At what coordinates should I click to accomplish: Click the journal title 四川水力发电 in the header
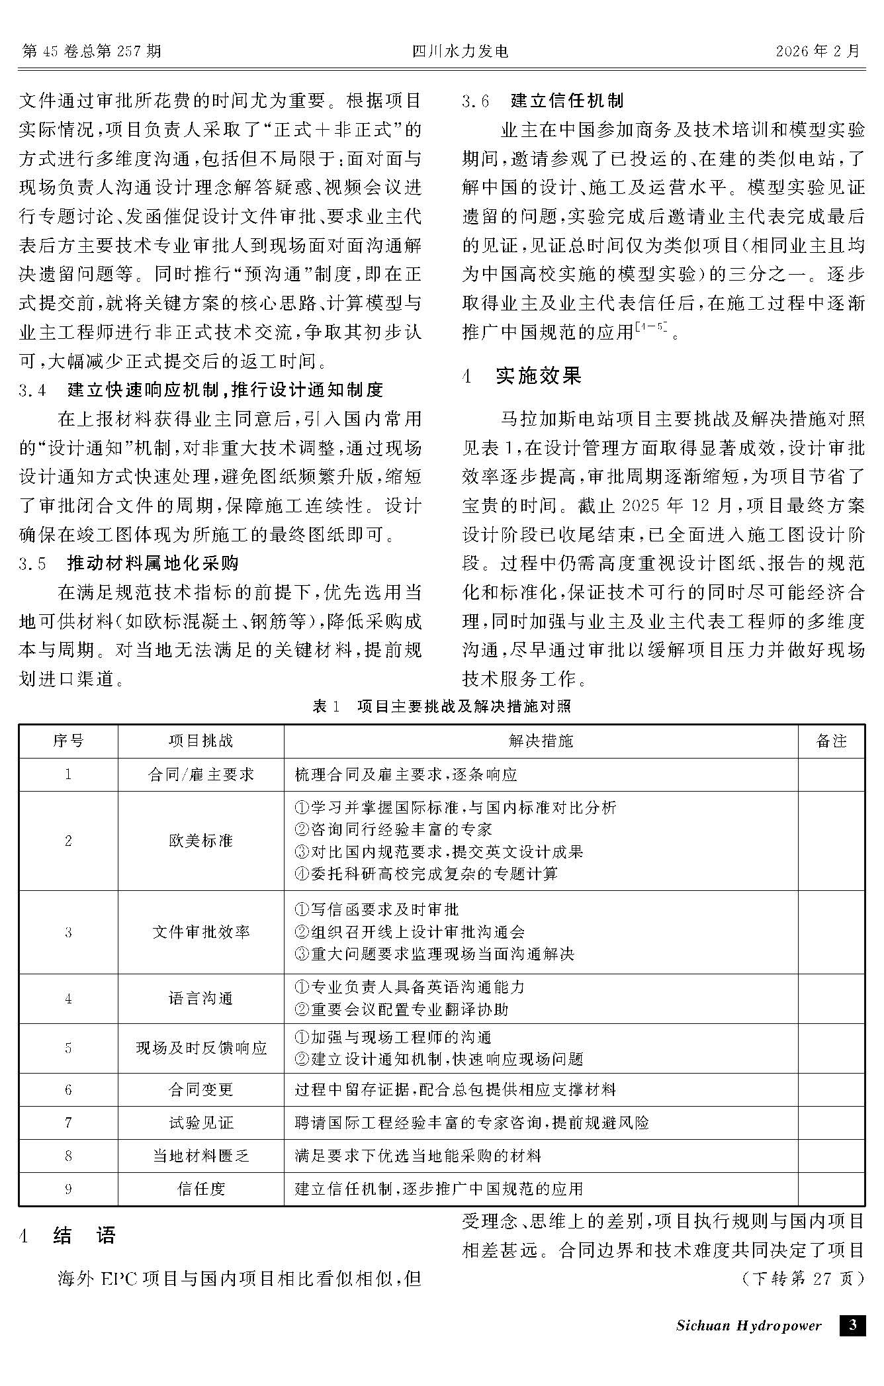[461, 51]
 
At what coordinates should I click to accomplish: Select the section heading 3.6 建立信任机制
[543, 101]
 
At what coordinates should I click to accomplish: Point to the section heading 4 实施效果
[522, 376]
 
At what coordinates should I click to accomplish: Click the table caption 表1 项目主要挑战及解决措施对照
[441, 706]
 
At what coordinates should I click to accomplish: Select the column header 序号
[68, 741]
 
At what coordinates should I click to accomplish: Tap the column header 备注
[831, 741]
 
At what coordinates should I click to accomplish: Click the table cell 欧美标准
[200, 841]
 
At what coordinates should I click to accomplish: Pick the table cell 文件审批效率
[200, 932]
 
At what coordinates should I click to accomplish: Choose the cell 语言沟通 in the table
[200, 998]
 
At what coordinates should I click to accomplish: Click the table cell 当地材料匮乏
[200, 1156]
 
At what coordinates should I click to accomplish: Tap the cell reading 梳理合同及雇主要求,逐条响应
[406, 774]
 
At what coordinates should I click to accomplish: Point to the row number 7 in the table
[68, 1123]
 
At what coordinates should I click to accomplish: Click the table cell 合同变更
[200, 1089]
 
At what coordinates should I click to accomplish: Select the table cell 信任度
[200, 1189]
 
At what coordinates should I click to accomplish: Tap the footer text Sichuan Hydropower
[748, 1325]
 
